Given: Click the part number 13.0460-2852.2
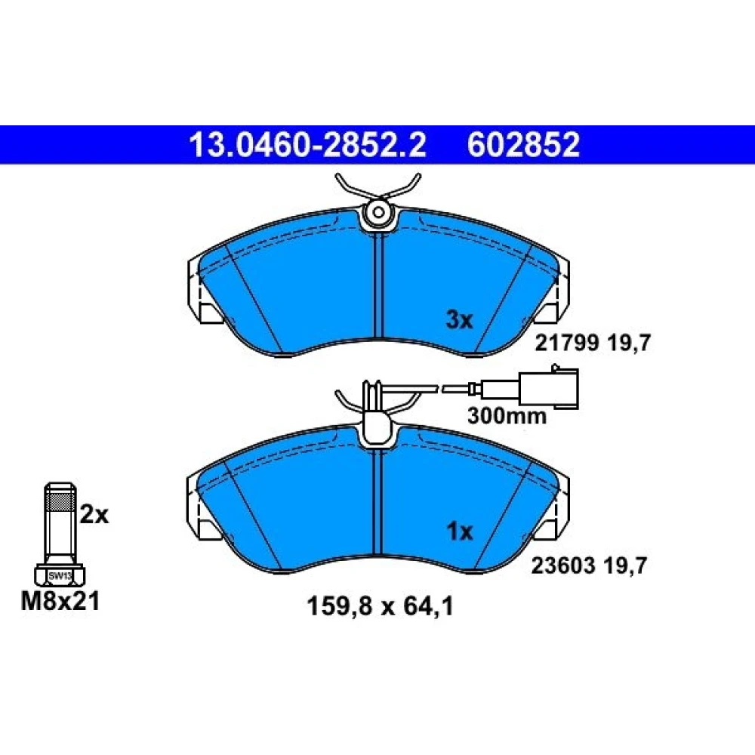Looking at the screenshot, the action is click(308, 144).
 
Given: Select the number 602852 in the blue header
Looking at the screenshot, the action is click(523, 144).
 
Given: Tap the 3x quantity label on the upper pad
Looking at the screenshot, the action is click(459, 319).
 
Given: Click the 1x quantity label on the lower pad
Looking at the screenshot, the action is click(460, 532).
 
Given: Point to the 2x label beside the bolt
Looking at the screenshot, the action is click(94, 515).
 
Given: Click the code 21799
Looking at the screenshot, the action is click(567, 344).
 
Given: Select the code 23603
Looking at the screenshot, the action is click(563, 565).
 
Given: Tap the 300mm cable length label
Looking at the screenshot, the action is click(507, 416).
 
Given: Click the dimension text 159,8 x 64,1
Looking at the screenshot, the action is click(380, 607).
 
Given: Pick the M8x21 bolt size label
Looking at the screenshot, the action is click(60, 602).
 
